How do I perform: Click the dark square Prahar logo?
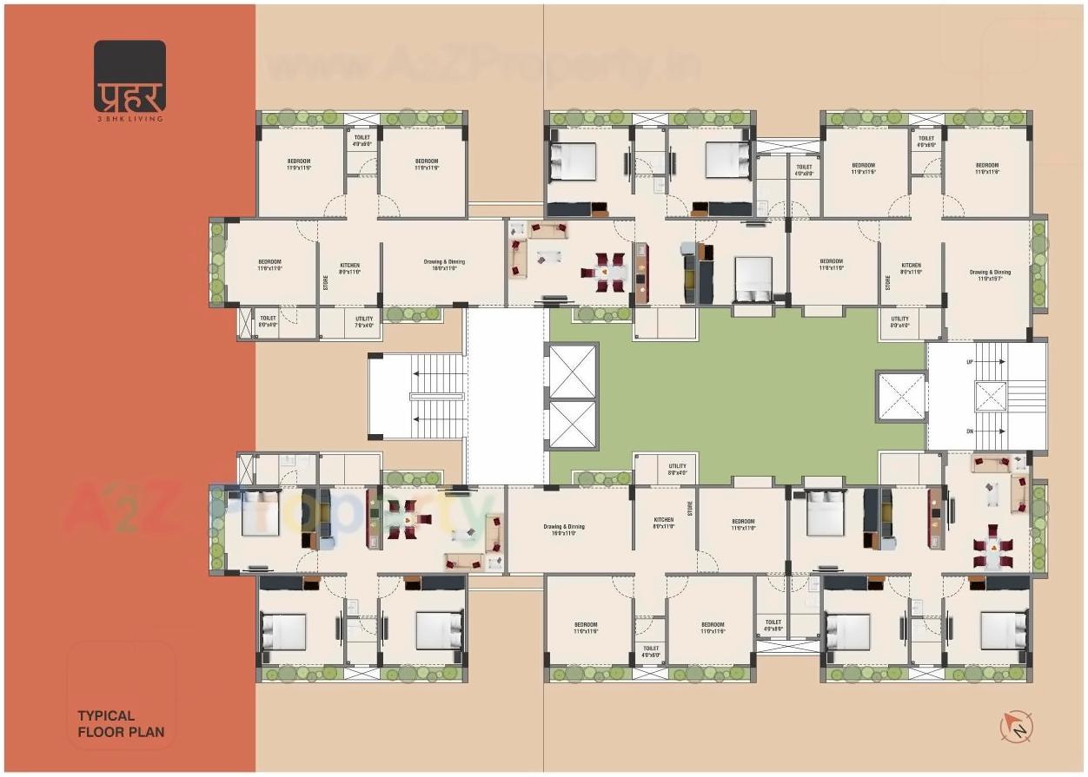[x=129, y=76]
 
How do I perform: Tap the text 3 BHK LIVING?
[x=129, y=118]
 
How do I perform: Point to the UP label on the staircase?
[x=970, y=362]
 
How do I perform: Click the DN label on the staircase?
[x=970, y=431]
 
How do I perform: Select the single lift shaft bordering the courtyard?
[x=900, y=397]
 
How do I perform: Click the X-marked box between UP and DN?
[x=991, y=397]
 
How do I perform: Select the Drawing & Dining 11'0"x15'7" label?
[x=990, y=276]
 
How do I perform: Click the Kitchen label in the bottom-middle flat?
[x=663, y=523]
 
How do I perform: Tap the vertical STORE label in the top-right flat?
[x=887, y=282]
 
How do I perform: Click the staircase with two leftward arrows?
[x=418, y=397]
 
